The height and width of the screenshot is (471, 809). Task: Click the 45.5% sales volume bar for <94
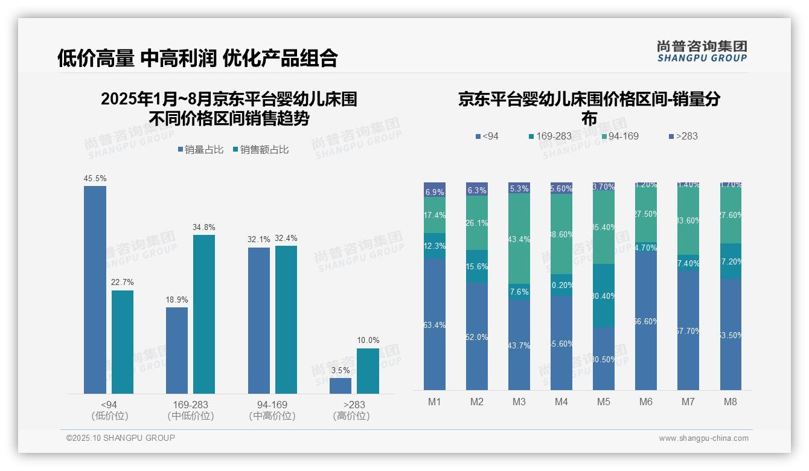click(95, 290)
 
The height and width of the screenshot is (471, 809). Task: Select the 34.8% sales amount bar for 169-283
click(204, 314)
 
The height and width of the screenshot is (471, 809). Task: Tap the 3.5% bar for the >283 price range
click(341, 386)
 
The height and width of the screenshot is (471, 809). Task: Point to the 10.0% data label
click(368, 341)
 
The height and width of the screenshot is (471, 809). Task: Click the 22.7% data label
click(123, 283)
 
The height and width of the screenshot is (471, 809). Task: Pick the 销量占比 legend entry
click(201, 150)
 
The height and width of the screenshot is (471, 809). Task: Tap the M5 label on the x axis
click(604, 402)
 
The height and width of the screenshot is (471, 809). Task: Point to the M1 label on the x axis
click(435, 402)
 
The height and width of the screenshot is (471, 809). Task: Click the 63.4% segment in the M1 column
click(435, 325)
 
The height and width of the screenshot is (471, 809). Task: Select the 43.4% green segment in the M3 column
click(519, 239)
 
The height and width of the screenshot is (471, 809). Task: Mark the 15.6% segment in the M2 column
click(477, 266)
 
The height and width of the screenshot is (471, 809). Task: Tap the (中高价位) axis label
click(272, 416)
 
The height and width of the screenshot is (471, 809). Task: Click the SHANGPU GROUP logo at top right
click(702, 51)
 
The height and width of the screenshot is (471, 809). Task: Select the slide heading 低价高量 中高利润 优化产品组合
click(197, 58)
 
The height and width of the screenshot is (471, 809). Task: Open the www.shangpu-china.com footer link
click(703, 438)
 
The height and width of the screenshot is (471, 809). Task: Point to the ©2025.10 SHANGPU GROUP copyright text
click(121, 438)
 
